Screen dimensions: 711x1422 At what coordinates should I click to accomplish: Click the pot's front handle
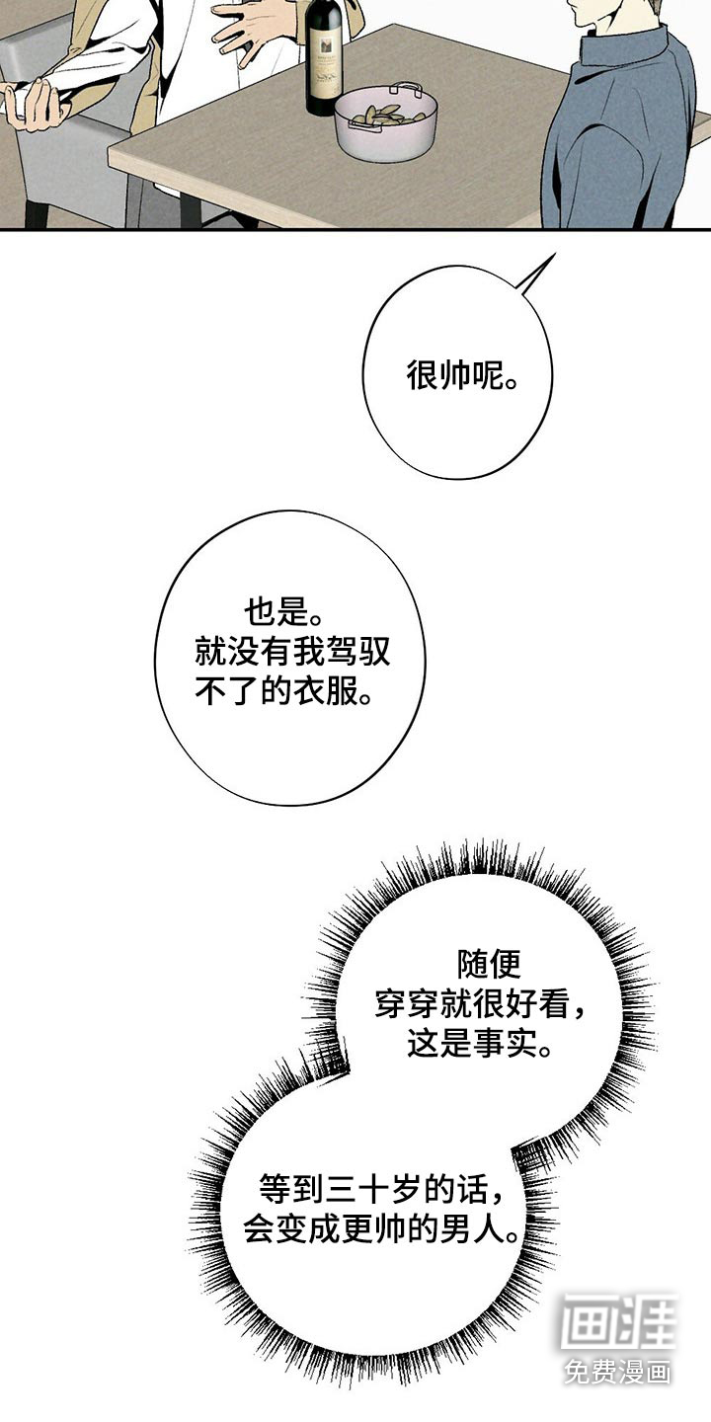pyautogui.click(x=363, y=125)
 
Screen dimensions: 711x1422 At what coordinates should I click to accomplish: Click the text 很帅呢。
pyautogui.click(x=461, y=376)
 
